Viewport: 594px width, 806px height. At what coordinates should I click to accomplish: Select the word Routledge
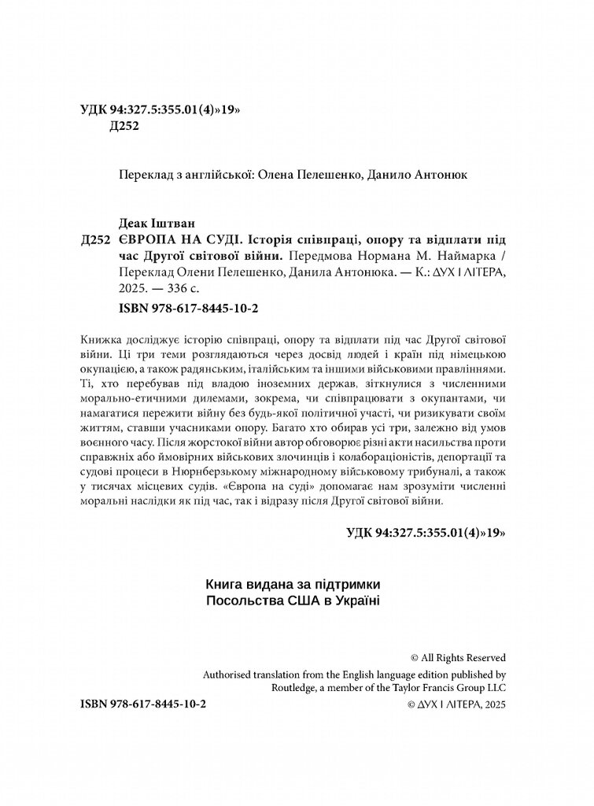point(227,688)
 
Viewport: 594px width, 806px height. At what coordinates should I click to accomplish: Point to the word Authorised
point(228,674)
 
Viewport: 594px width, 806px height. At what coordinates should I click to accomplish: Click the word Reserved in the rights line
point(481,657)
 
